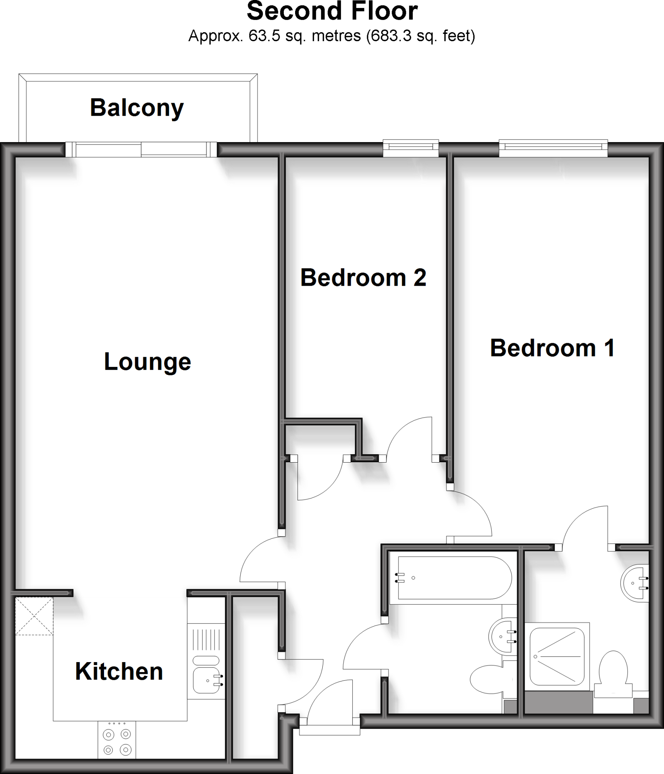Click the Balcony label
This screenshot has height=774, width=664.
[137, 108]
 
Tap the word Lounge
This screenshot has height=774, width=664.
[147, 362]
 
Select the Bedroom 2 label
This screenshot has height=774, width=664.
[363, 278]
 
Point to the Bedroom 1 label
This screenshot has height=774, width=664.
[552, 348]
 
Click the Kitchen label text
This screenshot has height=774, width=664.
[119, 672]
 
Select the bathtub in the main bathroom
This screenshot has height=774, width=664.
[454, 578]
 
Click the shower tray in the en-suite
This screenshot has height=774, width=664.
[557, 656]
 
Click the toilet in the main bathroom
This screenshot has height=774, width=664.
[487, 679]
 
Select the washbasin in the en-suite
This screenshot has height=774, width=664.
[636, 583]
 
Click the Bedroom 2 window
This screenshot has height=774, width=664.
[411, 148]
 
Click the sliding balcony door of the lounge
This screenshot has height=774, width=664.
[141, 149]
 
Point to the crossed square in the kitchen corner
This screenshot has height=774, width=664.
[34, 616]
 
